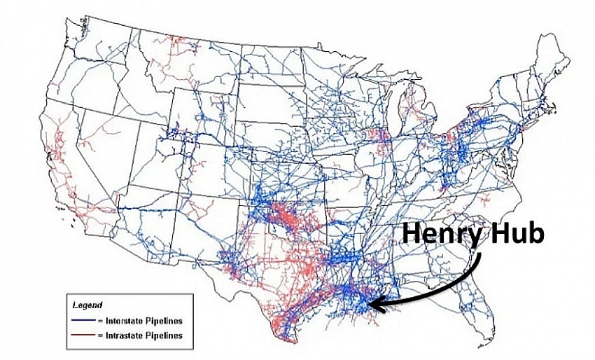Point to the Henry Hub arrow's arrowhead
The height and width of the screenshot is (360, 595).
(x=372, y=304)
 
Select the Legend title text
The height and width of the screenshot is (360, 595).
(x=87, y=305)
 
